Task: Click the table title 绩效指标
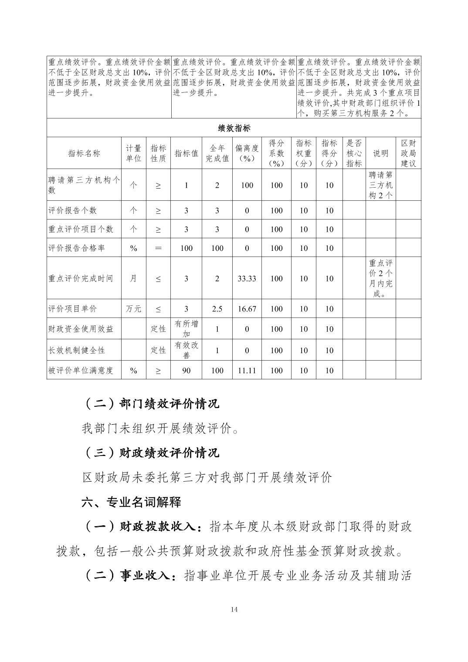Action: pyautogui.click(x=234, y=128)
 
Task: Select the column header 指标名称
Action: pyautogui.click(x=84, y=153)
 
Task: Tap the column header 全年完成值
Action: pyautogui.click(x=217, y=153)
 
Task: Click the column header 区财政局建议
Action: pyautogui.click(x=408, y=153)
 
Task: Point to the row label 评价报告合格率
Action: pyautogui.click(x=77, y=248)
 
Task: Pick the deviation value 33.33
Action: pyautogui.click(x=247, y=278)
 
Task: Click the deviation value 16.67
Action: pyautogui.click(x=247, y=309)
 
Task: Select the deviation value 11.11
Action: pyautogui.click(x=247, y=371)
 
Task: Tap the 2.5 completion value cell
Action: pyautogui.click(x=217, y=309)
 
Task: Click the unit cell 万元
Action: pyautogui.click(x=133, y=309)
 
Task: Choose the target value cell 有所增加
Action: pyautogui.click(x=186, y=329)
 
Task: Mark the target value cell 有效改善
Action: pyautogui.click(x=186, y=350)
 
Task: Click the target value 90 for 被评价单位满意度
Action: pyautogui.click(x=186, y=371)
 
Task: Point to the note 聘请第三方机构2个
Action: pyautogui.click(x=380, y=185)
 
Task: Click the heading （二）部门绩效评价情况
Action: pyautogui.click(x=151, y=404)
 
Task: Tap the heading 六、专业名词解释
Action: pyautogui.click(x=131, y=502)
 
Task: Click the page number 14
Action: pyautogui.click(x=234, y=609)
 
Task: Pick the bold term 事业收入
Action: pyautogui.click(x=144, y=576)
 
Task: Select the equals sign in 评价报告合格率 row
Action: pyautogui.click(x=158, y=248)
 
